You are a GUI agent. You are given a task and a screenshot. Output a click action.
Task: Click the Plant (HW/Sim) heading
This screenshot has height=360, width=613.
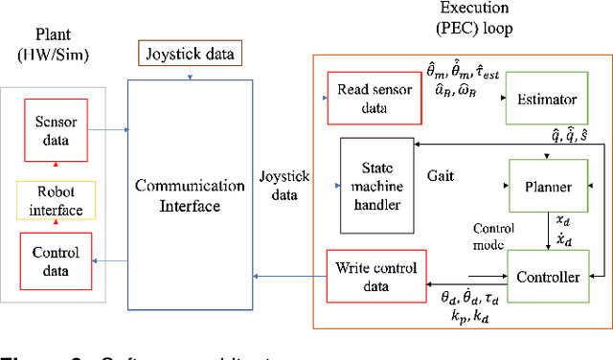(x=55, y=42)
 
